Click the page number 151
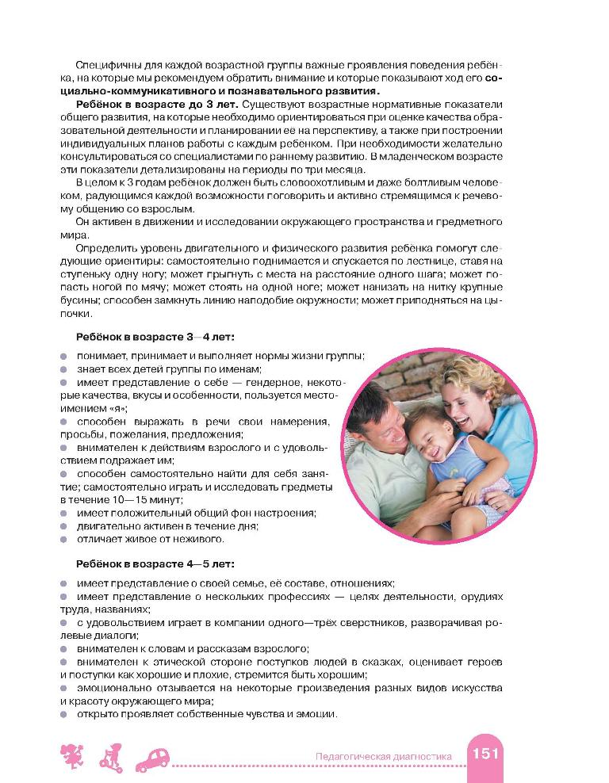pyautogui.click(x=486, y=754)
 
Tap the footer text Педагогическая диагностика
pyautogui.click(x=383, y=757)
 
